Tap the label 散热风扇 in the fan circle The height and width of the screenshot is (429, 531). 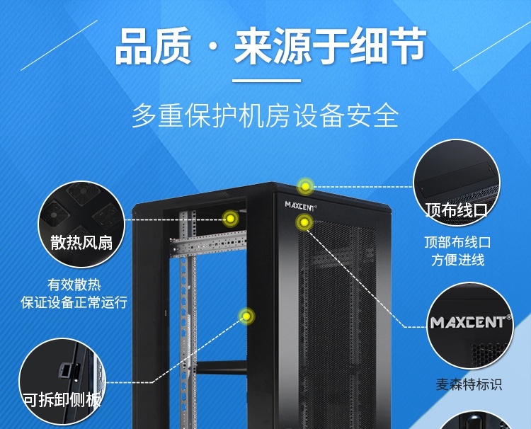pos(81,243)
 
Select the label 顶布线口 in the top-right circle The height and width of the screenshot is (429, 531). pos(457,210)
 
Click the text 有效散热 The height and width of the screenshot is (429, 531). pos(74,285)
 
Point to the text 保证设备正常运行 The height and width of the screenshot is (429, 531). pos(74,302)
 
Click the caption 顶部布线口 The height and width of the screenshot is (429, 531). pos(457,242)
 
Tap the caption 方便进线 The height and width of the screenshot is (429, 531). pos(457,260)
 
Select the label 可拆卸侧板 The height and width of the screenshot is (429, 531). pos(62,399)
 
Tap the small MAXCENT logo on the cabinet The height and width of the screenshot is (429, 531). pos(301,205)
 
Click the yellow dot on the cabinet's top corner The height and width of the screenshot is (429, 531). pos(305,186)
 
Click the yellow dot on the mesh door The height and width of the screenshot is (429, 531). pos(304,223)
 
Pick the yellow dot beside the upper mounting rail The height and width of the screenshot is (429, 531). pos(229,219)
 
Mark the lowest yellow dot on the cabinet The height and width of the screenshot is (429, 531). pos(246,316)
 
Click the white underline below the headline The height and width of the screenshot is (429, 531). pos(266,80)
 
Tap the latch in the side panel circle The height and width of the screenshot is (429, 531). pos(63,370)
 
